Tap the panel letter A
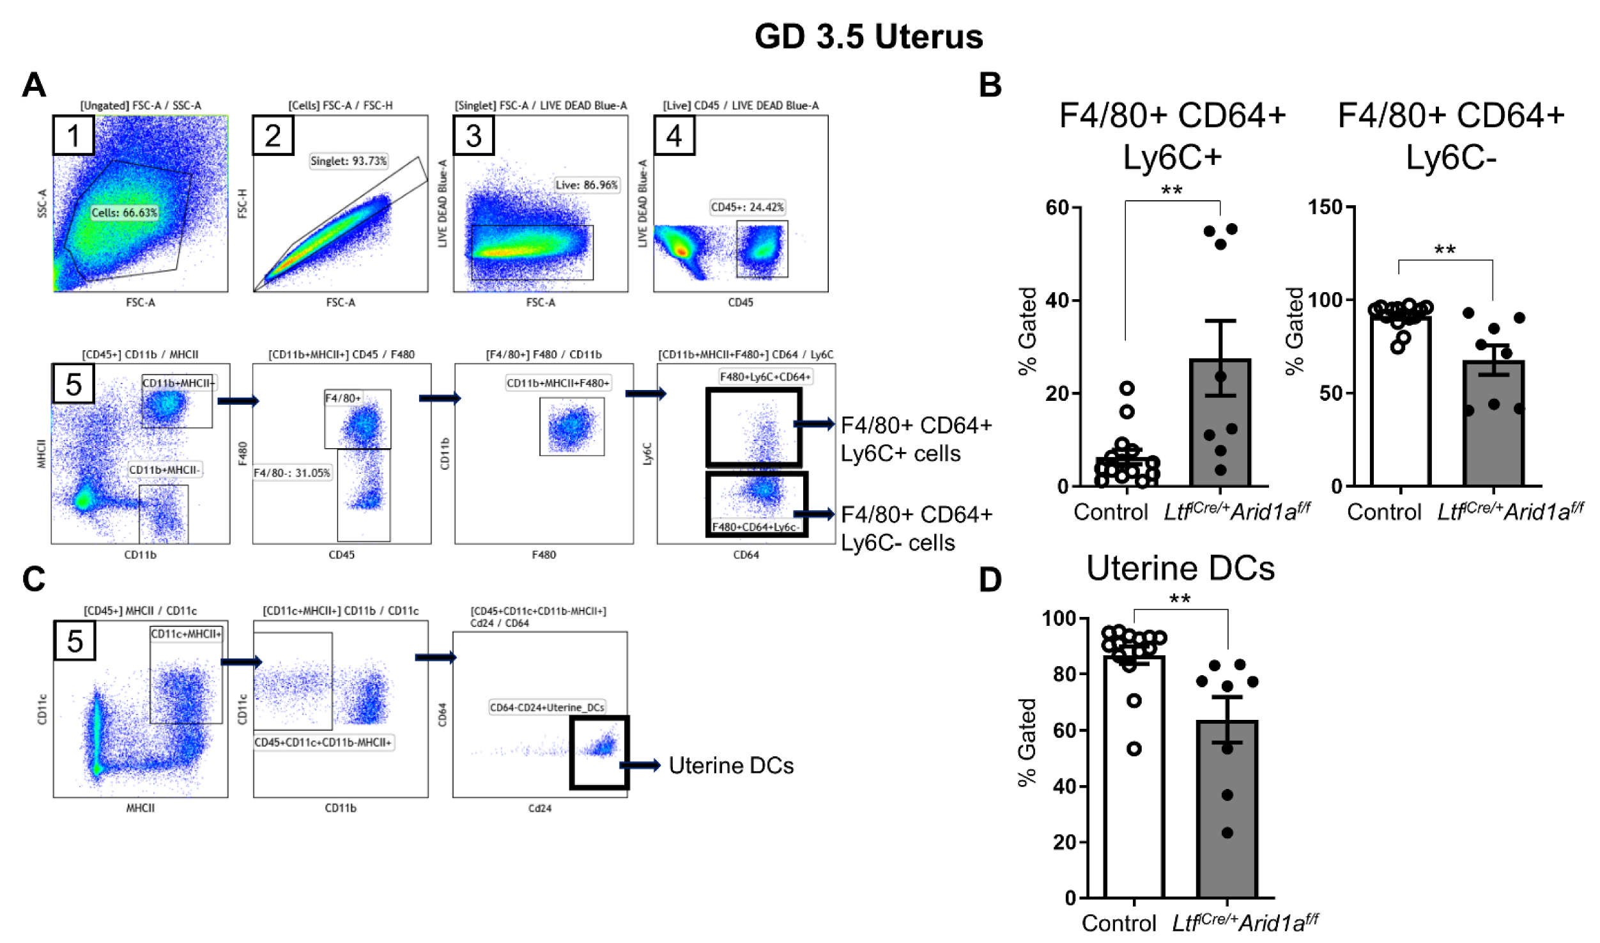pyautogui.click(x=34, y=85)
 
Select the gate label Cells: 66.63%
pyautogui.click(x=124, y=213)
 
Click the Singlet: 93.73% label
pyautogui.click(x=348, y=161)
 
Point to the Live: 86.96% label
pyautogui.click(x=586, y=185)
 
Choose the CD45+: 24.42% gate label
pyautogui.click(x=747, y=207)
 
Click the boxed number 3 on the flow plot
pyautogui.click(x=473, y=136)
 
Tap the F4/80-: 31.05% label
pyautogui.click(x=292, y=473)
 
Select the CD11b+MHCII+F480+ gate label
pyautogui.click(x=558, y=383)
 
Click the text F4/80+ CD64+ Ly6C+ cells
pyautogui.click(x=916, y=439)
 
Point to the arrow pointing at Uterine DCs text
pyautogui.click(x=640, y=765)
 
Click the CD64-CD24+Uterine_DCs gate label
pyautogui.click(x=547, y=707)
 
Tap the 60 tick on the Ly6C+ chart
pyautogui.click(x=1058, y=208)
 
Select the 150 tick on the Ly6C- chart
pyautogui.click(x=1327, y=207)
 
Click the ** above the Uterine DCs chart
pyautogui.click(x=1180, y=600)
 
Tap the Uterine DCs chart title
pyautogui.click(x=1180, y=568)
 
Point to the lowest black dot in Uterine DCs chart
pyautogui.click(x=1227, y=833)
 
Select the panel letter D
pyautogui.click(x=990, y=580)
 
